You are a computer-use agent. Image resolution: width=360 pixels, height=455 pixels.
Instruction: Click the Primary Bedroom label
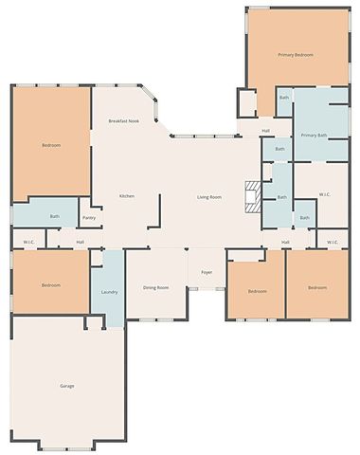coord(296,56)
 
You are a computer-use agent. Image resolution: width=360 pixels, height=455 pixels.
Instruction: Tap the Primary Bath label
coord(314,136)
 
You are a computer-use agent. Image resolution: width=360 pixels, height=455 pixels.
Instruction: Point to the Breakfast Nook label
coord(124,121)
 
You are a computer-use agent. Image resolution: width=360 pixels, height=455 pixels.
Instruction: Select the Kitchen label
coord(127,196)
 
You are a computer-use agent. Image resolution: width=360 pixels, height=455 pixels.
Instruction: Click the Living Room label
coord(209,197)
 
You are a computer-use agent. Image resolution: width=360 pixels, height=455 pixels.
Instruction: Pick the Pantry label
coord(89,218)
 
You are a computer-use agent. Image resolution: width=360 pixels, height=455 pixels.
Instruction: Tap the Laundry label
coord(109,292)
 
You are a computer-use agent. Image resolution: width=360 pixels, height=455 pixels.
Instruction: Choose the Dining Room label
coord(155,287)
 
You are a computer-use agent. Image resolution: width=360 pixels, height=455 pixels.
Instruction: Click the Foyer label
coord(206,273)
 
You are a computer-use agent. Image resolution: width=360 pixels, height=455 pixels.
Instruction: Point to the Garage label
coord(66,386)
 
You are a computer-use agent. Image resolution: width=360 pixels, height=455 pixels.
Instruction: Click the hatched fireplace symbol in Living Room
coord(252,195)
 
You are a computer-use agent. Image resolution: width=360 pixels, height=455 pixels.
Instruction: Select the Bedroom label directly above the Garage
coord(51,285)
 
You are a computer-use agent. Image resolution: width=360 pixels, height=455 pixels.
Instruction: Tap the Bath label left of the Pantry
coord(54,216)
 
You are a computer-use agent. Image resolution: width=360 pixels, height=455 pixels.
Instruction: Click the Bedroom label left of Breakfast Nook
coord(51,145)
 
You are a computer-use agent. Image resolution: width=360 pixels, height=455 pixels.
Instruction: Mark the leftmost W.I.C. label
coord(28,243)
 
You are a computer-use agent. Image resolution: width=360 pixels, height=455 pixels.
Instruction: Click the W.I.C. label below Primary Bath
coord(325,194)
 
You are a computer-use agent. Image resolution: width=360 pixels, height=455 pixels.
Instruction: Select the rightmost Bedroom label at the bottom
coord(315,287)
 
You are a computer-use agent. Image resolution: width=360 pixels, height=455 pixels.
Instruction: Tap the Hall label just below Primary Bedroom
coord(265,130)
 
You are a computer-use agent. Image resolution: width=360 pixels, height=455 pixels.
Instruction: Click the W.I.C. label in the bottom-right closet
coord(333,243)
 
